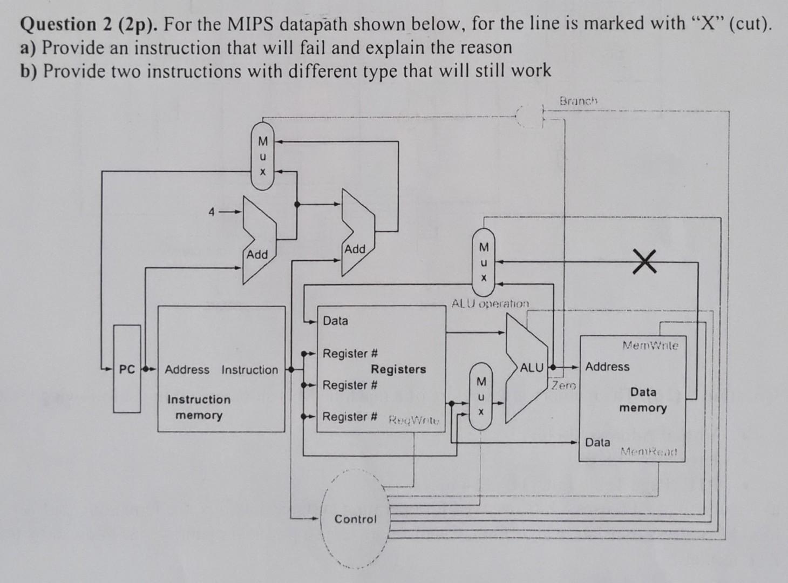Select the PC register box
(127, 369)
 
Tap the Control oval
(355, 519)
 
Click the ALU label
(532, 368)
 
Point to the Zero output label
(564, 386)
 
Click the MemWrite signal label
(650, 345)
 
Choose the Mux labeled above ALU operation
(484, 262)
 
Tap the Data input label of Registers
(335, 321)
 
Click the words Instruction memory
(199, 407)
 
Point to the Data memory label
(643, 399)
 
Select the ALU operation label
(490, 303)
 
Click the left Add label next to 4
(257, 254)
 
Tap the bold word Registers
(398, 369)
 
